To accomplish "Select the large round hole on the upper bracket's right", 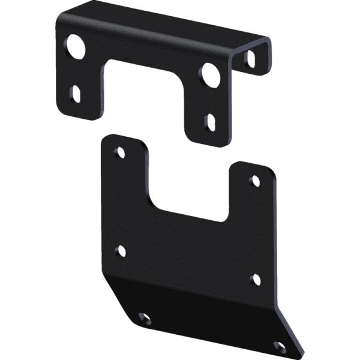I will (209, 75).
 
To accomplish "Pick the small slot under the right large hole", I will (210, 122).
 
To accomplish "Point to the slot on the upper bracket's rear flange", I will (251, 58).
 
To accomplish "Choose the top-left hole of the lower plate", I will (120, 152).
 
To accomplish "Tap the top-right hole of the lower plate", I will (254, 181).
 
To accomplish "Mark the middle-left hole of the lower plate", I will (120, 251).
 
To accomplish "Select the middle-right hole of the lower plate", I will (254, 279).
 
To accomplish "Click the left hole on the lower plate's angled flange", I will (142, 317).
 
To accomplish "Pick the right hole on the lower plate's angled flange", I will (279, 347).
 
